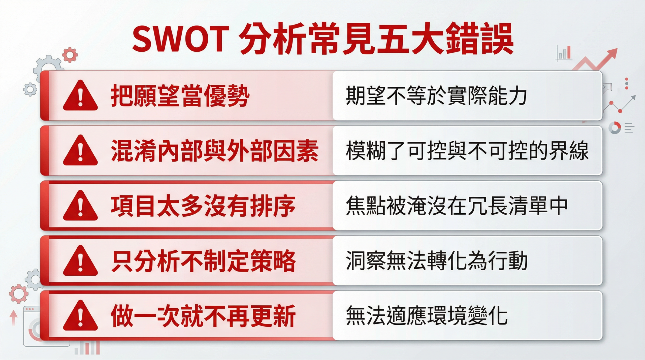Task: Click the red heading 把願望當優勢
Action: [180, 96]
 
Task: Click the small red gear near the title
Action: [70, 55]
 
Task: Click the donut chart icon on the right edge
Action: [615, 128]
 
